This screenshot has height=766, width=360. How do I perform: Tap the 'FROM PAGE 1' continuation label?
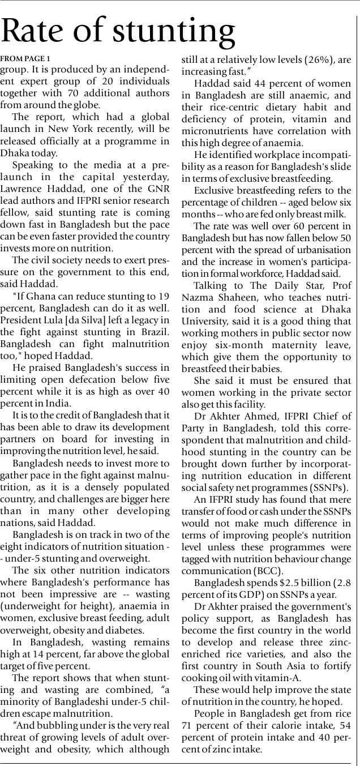pyautogui.click(x=25, y=59)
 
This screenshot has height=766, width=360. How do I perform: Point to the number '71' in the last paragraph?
pyautogui.click(x=188, y=725)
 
